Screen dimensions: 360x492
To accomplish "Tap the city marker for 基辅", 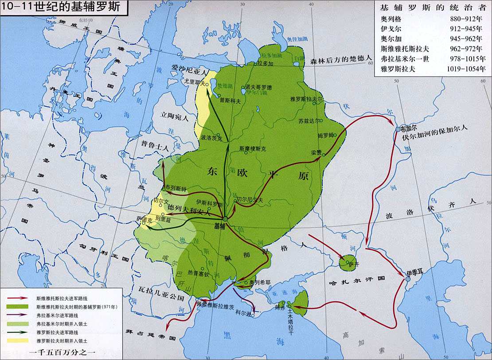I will pos(225,219).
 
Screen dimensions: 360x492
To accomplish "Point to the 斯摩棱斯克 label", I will pos(253,148).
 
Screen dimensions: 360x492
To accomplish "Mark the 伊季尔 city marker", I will pos(408,279).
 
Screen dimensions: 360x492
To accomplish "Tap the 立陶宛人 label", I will pos(174,119).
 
